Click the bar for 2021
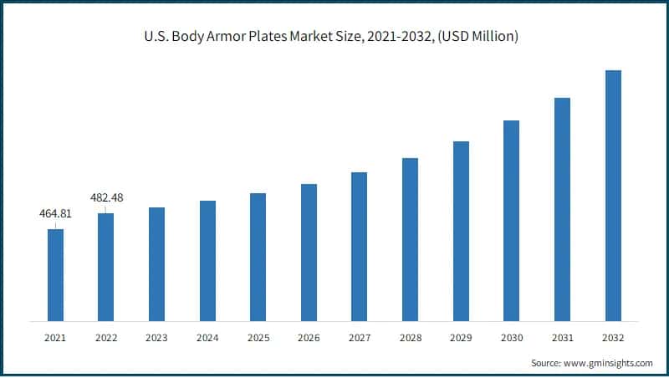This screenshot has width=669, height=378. [56, 274]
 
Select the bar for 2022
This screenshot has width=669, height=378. [106, 266]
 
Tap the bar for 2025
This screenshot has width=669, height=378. [258, 256]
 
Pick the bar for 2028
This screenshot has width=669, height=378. [410, 238]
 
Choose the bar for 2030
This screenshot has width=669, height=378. [511, 220]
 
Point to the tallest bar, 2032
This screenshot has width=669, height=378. [613, 195]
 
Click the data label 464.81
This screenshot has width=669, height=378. [56, 213]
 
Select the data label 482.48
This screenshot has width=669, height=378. [106, 198]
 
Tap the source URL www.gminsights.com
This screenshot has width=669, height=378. [610, 364]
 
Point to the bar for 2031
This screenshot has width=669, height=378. [562, 208]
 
